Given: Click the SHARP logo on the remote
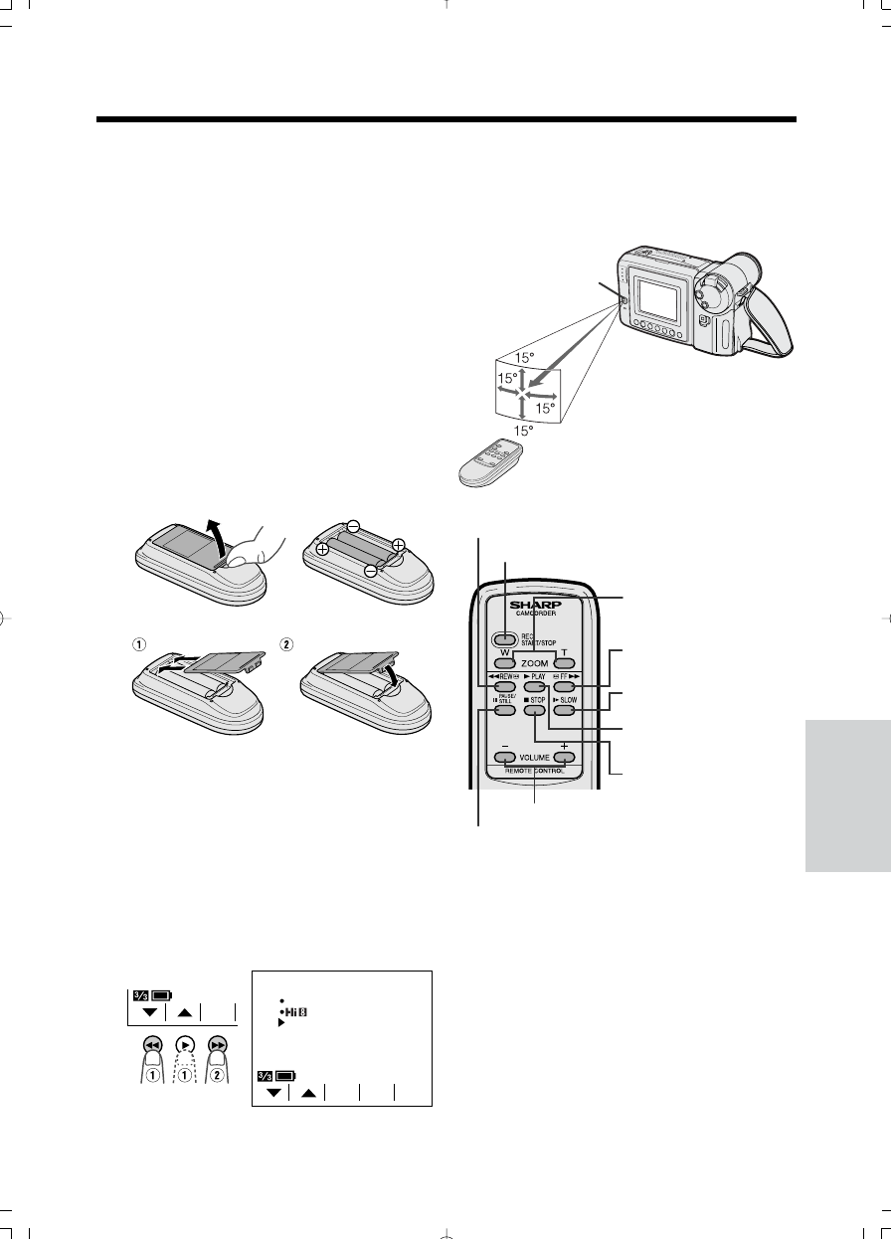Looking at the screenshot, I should point(535,604).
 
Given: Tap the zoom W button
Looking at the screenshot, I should point(504,662).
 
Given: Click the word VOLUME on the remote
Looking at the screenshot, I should point(535,759).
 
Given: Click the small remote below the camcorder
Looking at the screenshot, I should point(490,463).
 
